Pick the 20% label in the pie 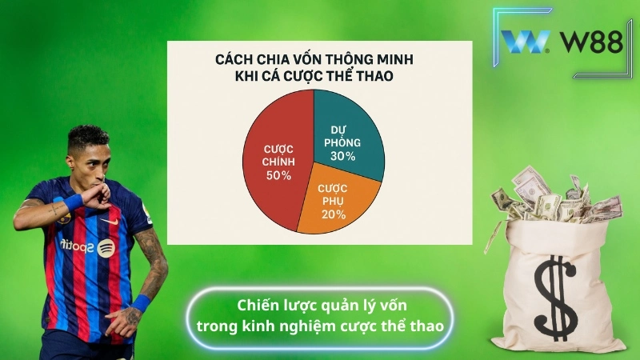point(334,214)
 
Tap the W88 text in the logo point(593,42)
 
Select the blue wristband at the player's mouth point(73,201)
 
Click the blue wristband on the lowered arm point(141,303)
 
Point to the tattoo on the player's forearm point(152,256)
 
